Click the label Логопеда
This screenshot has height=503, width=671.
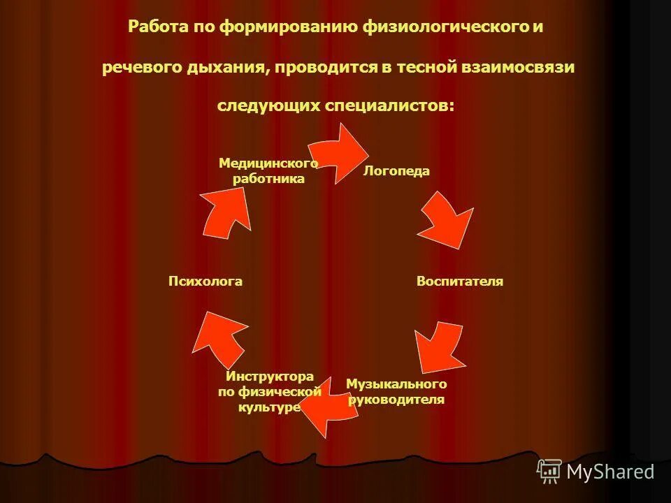pos(396,172)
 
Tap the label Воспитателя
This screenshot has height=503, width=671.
pos(460,282)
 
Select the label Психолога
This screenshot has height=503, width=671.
pos(205,282)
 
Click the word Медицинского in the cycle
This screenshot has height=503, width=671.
pos(268,163)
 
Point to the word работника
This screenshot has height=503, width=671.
pos(268,179)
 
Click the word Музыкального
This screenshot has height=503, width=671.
pos(396,384)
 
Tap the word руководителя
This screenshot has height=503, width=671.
pos(396,400)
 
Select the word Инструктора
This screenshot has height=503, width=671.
pos(269,377)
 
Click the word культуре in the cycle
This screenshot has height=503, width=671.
pos(269,407)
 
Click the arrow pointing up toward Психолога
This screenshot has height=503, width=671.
pos(219,334)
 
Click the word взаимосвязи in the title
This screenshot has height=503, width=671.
pos(518,67)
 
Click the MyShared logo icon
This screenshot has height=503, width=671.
pos(549,471)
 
